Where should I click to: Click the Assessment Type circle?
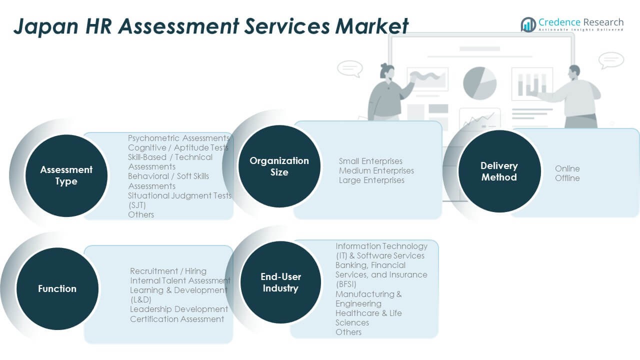coord(66,175)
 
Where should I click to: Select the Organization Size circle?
coord(279,166)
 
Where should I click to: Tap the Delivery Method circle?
coord(499,171)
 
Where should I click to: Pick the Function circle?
coord(57,288)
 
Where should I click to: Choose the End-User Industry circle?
coord(280,282)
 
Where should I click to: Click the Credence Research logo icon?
coord(528,24)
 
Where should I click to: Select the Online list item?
coord(567,168)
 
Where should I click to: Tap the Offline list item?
coord(567,178)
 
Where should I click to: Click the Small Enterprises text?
coord(370,161)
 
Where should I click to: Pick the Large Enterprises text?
coord(371,180)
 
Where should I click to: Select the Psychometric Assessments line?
coord(178,138)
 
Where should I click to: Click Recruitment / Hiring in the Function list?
coord(168,271)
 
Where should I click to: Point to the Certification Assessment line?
coord(177,319)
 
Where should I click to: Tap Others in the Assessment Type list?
coord(141,214)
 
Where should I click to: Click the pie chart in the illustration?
coord(479,82)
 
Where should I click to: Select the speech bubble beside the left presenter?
coord(349,68)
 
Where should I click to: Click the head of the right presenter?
coord(574,71)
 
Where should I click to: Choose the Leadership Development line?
coord(179,309)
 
